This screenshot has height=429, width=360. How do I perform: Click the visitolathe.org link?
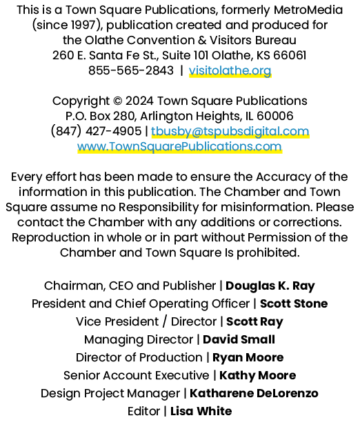click(230, 70)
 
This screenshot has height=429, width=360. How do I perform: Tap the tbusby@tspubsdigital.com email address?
click(230, 131)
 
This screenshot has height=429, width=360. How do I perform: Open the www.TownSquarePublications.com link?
click(179, 146)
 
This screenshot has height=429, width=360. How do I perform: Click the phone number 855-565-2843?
click(131, 70)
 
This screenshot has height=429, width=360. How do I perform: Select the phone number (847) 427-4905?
click(96, 131)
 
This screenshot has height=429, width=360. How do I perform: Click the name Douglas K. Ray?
click(270, 286)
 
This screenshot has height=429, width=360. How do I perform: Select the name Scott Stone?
click(294, 303)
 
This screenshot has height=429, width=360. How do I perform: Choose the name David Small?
click(239, 339)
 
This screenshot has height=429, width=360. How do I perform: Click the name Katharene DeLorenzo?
click(254, 393)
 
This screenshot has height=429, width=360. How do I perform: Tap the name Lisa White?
click(201, 411)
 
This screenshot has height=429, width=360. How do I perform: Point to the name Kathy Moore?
click(257, 376)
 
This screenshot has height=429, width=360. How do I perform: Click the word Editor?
click(143, 411)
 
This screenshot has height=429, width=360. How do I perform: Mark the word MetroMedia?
click(308, 10)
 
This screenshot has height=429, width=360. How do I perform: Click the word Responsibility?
click(159, 208)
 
